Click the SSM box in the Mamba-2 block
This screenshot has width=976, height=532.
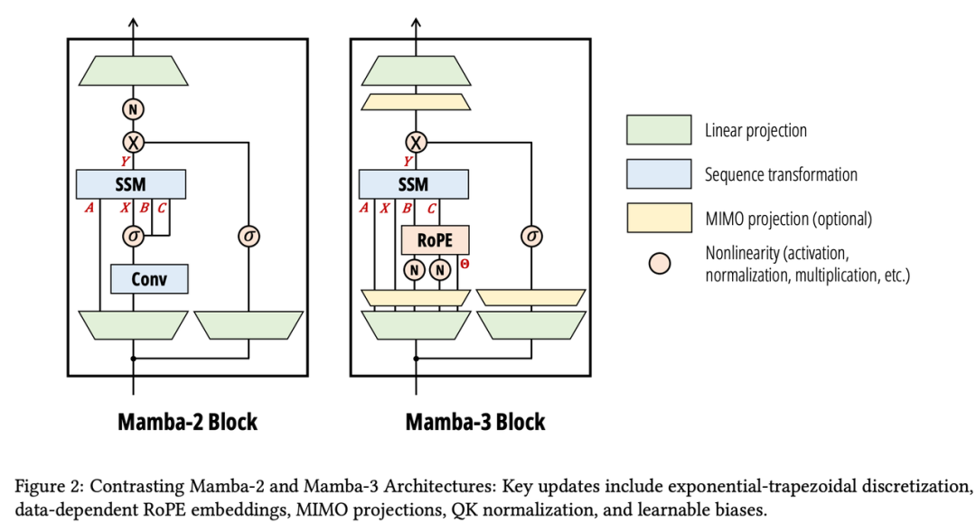click(x=132, y=184)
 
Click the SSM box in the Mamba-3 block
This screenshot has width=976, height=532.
click(x=414, y=184)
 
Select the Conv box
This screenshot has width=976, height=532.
click(x=149, y=278)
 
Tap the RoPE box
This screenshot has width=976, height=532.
click(x=435, y=240)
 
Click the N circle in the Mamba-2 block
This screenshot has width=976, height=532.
click(x=134, y=110)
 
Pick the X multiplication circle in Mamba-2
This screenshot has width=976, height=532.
click(x=134, y=142)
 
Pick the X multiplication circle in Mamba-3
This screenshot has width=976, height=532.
click(x=416, y=142)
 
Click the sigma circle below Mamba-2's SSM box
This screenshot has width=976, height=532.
click(x=135, y=236)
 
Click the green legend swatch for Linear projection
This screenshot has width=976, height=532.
click(x=658, y=130)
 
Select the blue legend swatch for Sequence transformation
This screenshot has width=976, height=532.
click(x=658, y=174)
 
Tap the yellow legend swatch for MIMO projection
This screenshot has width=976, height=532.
click(x=658, y=218)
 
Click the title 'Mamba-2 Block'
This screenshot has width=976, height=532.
click(x=187, y=422)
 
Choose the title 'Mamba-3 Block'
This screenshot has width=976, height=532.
click(x=474, y=422)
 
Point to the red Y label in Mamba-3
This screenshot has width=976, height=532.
click(x=408, y=162)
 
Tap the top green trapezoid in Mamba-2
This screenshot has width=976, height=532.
click(x=134, y=70)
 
